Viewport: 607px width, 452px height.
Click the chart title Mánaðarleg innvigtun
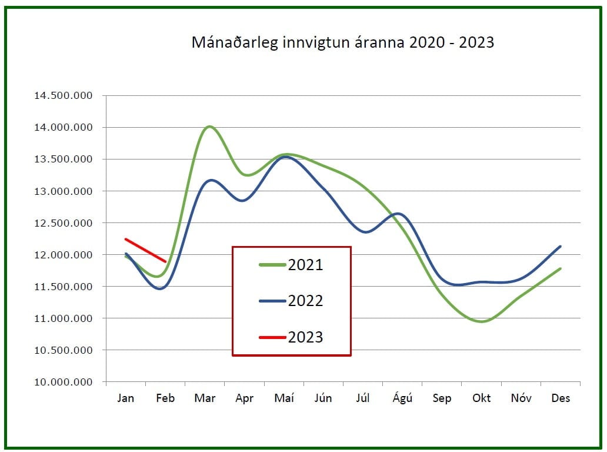(x=342, y=42)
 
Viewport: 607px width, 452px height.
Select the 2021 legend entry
(x=305, y=265)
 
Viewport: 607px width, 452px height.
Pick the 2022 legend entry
(x=305, y=301)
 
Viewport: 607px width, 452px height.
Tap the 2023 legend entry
(x=305, y=337)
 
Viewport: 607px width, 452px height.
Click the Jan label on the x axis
(x=125, y=398)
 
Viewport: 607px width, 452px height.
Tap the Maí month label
(x=284, y=398)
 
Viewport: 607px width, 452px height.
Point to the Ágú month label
(x=402, y=398)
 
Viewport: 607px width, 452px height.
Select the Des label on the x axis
(x=561, y=398)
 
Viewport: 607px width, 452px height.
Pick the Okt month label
(x=482, y=398)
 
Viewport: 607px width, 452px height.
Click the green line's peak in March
(x=209, y=127)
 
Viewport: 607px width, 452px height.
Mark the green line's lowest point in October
(x=481, y=321)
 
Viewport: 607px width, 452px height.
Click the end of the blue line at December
(x=560, y=247)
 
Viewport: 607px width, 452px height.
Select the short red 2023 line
(x=146, y=250)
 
